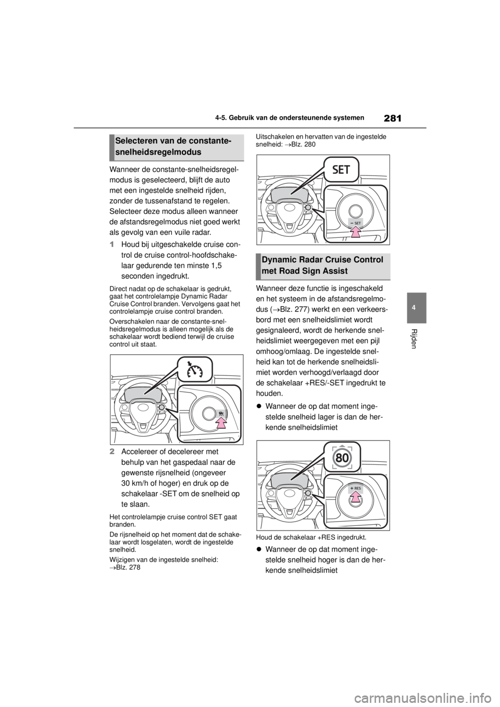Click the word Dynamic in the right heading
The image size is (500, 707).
[x=280, y=260]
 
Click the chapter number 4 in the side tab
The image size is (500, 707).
[x=417, y=308]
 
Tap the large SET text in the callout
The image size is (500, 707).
[x=344, y=170]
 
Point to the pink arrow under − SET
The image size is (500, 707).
[x=355, y=233]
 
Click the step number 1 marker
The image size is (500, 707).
[x=113, y=245]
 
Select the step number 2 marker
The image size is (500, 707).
[x=113, y=452]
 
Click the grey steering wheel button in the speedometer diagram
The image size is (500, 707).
[x=161, y=407]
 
